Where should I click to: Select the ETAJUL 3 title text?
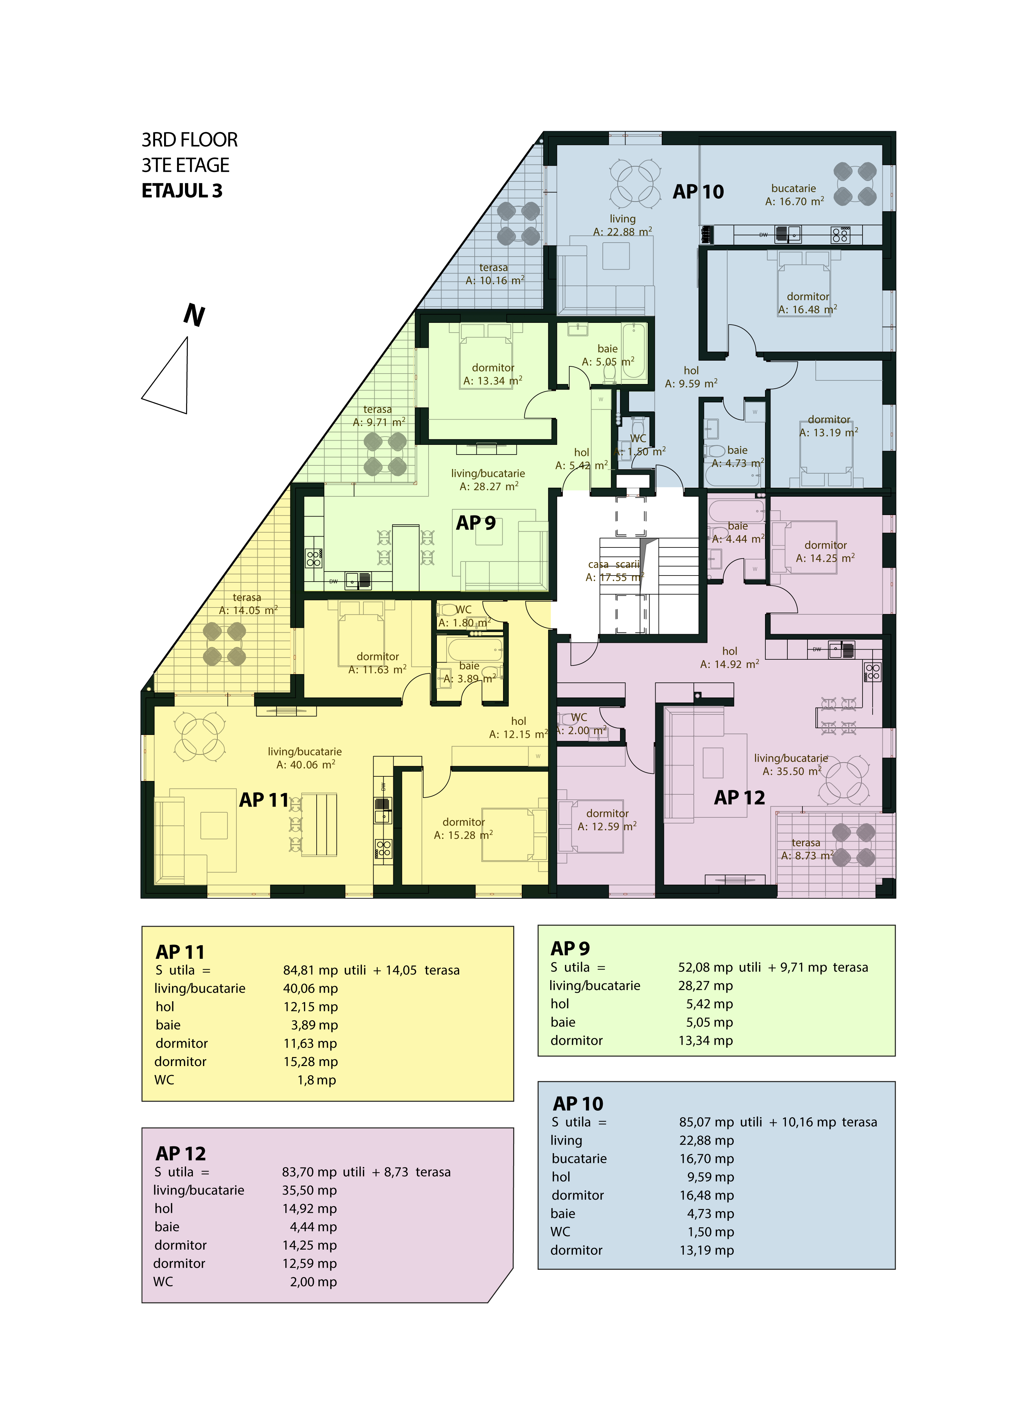pyautogui.click(x=182, y=191)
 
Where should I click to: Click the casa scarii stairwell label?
pyautogui.click(x=615, y=570)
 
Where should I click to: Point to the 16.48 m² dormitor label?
pyautogui.click(x=808, y=303)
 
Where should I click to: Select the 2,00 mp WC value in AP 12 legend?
pyautogui.click(x=313, y=1282)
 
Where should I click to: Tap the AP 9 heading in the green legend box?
pyautogui.click(x=570, y=948)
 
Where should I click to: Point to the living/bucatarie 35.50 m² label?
pyautogui.click(x=791, y=764)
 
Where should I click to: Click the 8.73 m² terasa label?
pyautogui.click(x=806, y=849)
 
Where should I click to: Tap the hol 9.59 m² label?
pyautogui.click(x=691, y=377)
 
